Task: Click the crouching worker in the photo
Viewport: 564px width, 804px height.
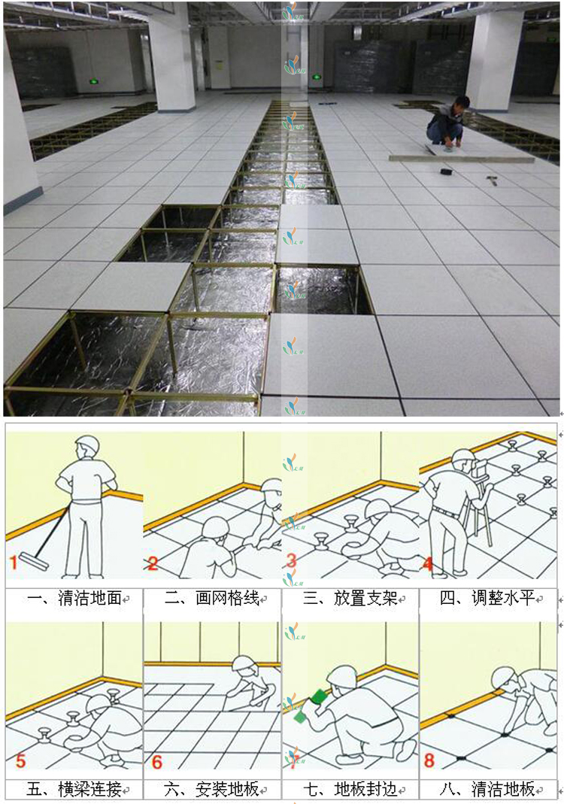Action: tap(448, 123)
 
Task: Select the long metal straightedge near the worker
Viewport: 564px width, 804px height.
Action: tap(462, 158)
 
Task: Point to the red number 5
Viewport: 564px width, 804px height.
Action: tap(20, 760)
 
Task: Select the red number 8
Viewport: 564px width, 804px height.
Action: tap(429, 760)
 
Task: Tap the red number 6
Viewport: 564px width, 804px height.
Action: tap(157, 761)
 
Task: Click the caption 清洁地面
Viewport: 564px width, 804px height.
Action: tap(89, 599)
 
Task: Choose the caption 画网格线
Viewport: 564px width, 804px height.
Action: tap(227, 599)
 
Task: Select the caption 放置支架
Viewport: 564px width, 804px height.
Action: tap(365, 599)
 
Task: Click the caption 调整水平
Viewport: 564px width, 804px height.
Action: tap(503, 599)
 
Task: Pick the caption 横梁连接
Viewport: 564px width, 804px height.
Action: tap(89, 789)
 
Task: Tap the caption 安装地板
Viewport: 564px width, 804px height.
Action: tap(227, 789)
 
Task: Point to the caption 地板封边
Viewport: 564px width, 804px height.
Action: tap(365, 789)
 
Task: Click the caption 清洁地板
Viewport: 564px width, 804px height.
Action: tap(503, 789)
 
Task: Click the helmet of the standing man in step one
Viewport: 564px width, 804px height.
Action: tap(86, 444)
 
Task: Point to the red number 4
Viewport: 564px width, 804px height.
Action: tap(427, 563)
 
